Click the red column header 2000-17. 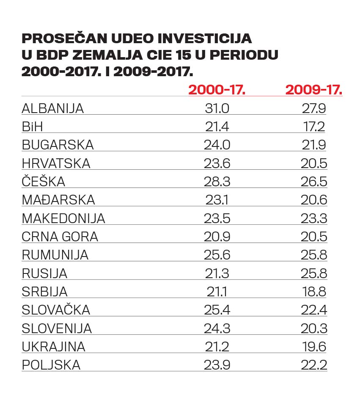pyautogui.click(x=217, y=90)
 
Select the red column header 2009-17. pyautogui.click(x=313, y=90)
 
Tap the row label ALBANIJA pyautogui.click(x=53, y=109)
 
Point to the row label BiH pyautogui.click(x=33, y=127)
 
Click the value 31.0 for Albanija pyautogui.click(x=217, y=109)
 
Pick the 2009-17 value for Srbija pyautogui.click(x=314, y=292)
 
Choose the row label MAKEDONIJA pyautogui.click(x=63, y=218)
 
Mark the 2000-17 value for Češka pyautogui.click(x=217, y=182)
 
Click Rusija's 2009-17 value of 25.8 pyautogui.click(x=314, y=273)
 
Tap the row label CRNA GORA pyautogui.click(x=60, y=237)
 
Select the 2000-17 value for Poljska pyautogui.click(x=217, y=365)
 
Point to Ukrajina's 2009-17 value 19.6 pyautogui.click(x=314, y=347)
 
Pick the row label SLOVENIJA pyautogui.click(x=57, y=328)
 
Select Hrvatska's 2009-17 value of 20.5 pyautogui.click(x=314, y=163)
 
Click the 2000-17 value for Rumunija pyautogui.click(x=217, y=255)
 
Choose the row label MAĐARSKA pyautogui.click(x=58, y=200)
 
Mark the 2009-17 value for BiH pyautogui.click(x=314, y=127)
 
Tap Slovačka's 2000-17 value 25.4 pyautogui.click(x=217, y=310)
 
